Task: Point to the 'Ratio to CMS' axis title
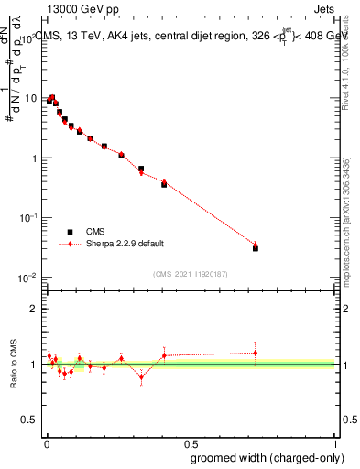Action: tap(16, 364)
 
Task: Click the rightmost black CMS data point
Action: tap(256, 248)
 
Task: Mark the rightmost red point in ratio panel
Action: tap(256, 352)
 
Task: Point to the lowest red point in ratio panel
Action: tap(141, 376)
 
